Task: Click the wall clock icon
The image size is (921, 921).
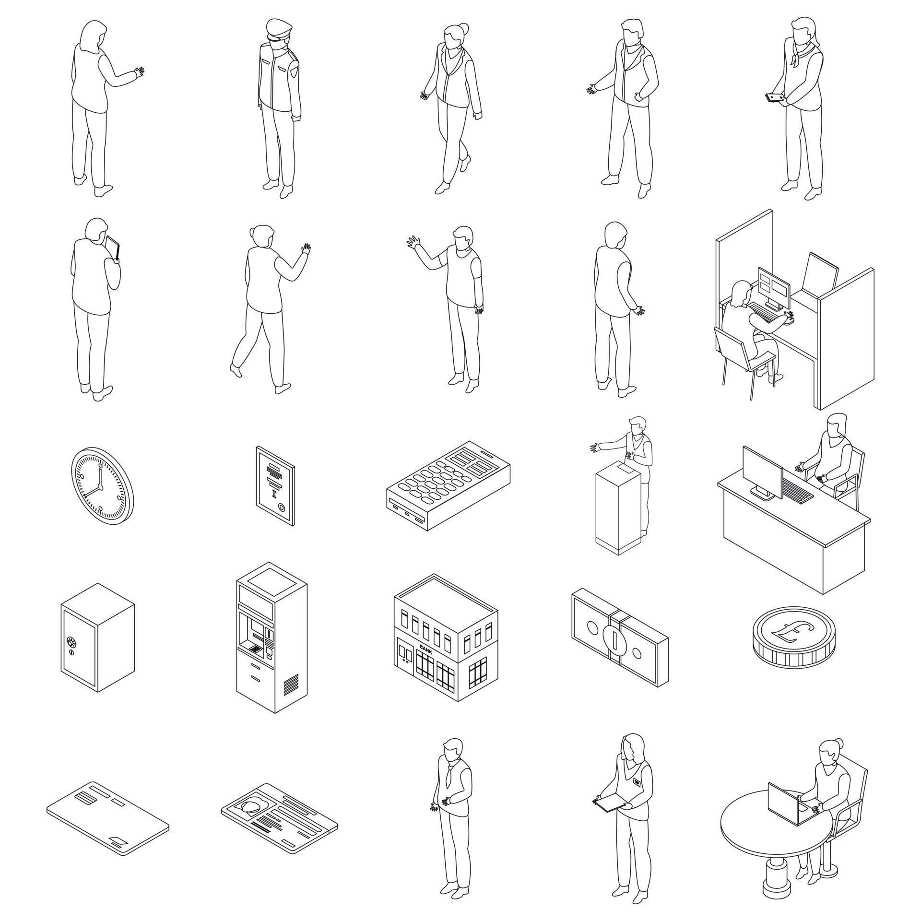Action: pos(103,485)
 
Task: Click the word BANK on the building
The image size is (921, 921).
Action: pos(425,647)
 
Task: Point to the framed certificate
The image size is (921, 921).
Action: pos(276,485)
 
